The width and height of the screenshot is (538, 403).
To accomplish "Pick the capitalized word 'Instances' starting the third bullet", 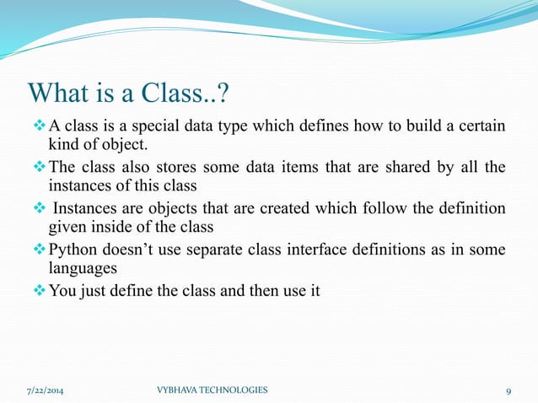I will tap(83, 207).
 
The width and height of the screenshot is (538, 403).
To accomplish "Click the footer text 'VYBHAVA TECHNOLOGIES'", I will tap(213, 390).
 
